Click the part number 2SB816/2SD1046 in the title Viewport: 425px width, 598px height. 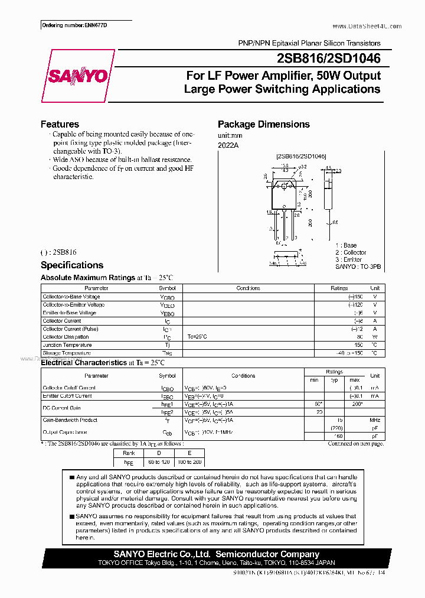click(x=328, y=58)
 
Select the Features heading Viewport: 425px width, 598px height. click(x=60, y=124)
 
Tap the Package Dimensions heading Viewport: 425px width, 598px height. click(x=263, y=124)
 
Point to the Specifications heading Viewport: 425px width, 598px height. click(x=71, y=265)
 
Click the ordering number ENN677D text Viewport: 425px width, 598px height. click(x=76, y=26)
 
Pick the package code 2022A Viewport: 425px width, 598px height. click(x=228, y=145)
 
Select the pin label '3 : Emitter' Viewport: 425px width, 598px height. click(x=348, y=259)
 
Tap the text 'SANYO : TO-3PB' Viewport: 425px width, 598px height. click(x=358, y=266)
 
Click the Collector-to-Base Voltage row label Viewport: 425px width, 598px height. click(x=71, y=297)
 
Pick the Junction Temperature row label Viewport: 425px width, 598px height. click(x=67, y=345)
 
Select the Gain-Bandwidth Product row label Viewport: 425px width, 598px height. click(x=71, y=420)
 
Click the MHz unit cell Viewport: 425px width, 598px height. click(x=374, y=420)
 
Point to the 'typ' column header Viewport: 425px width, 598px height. click(x=334, y=380)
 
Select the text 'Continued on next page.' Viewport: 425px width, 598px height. click(x=355, y=443)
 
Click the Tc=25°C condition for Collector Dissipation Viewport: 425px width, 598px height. click(x=198, y=337)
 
